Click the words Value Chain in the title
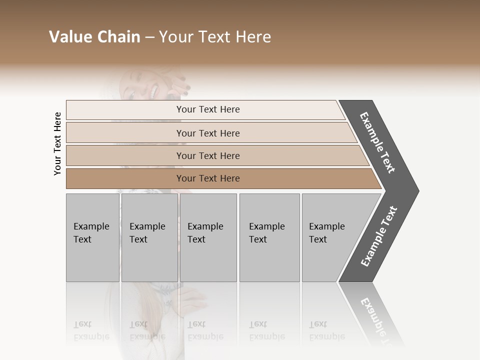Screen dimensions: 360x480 coord(94,37)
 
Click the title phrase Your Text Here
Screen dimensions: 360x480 coord(215,37)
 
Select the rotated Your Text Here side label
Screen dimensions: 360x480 coord(57,143)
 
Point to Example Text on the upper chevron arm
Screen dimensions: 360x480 coord(377,142)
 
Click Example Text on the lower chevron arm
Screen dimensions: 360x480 coord(379,236)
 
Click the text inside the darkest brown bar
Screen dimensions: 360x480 coord(208,178)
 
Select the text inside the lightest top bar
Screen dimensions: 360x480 coord(208,109)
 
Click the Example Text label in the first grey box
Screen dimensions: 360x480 coord(91,232)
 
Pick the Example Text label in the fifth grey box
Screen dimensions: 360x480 coord(326,232)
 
